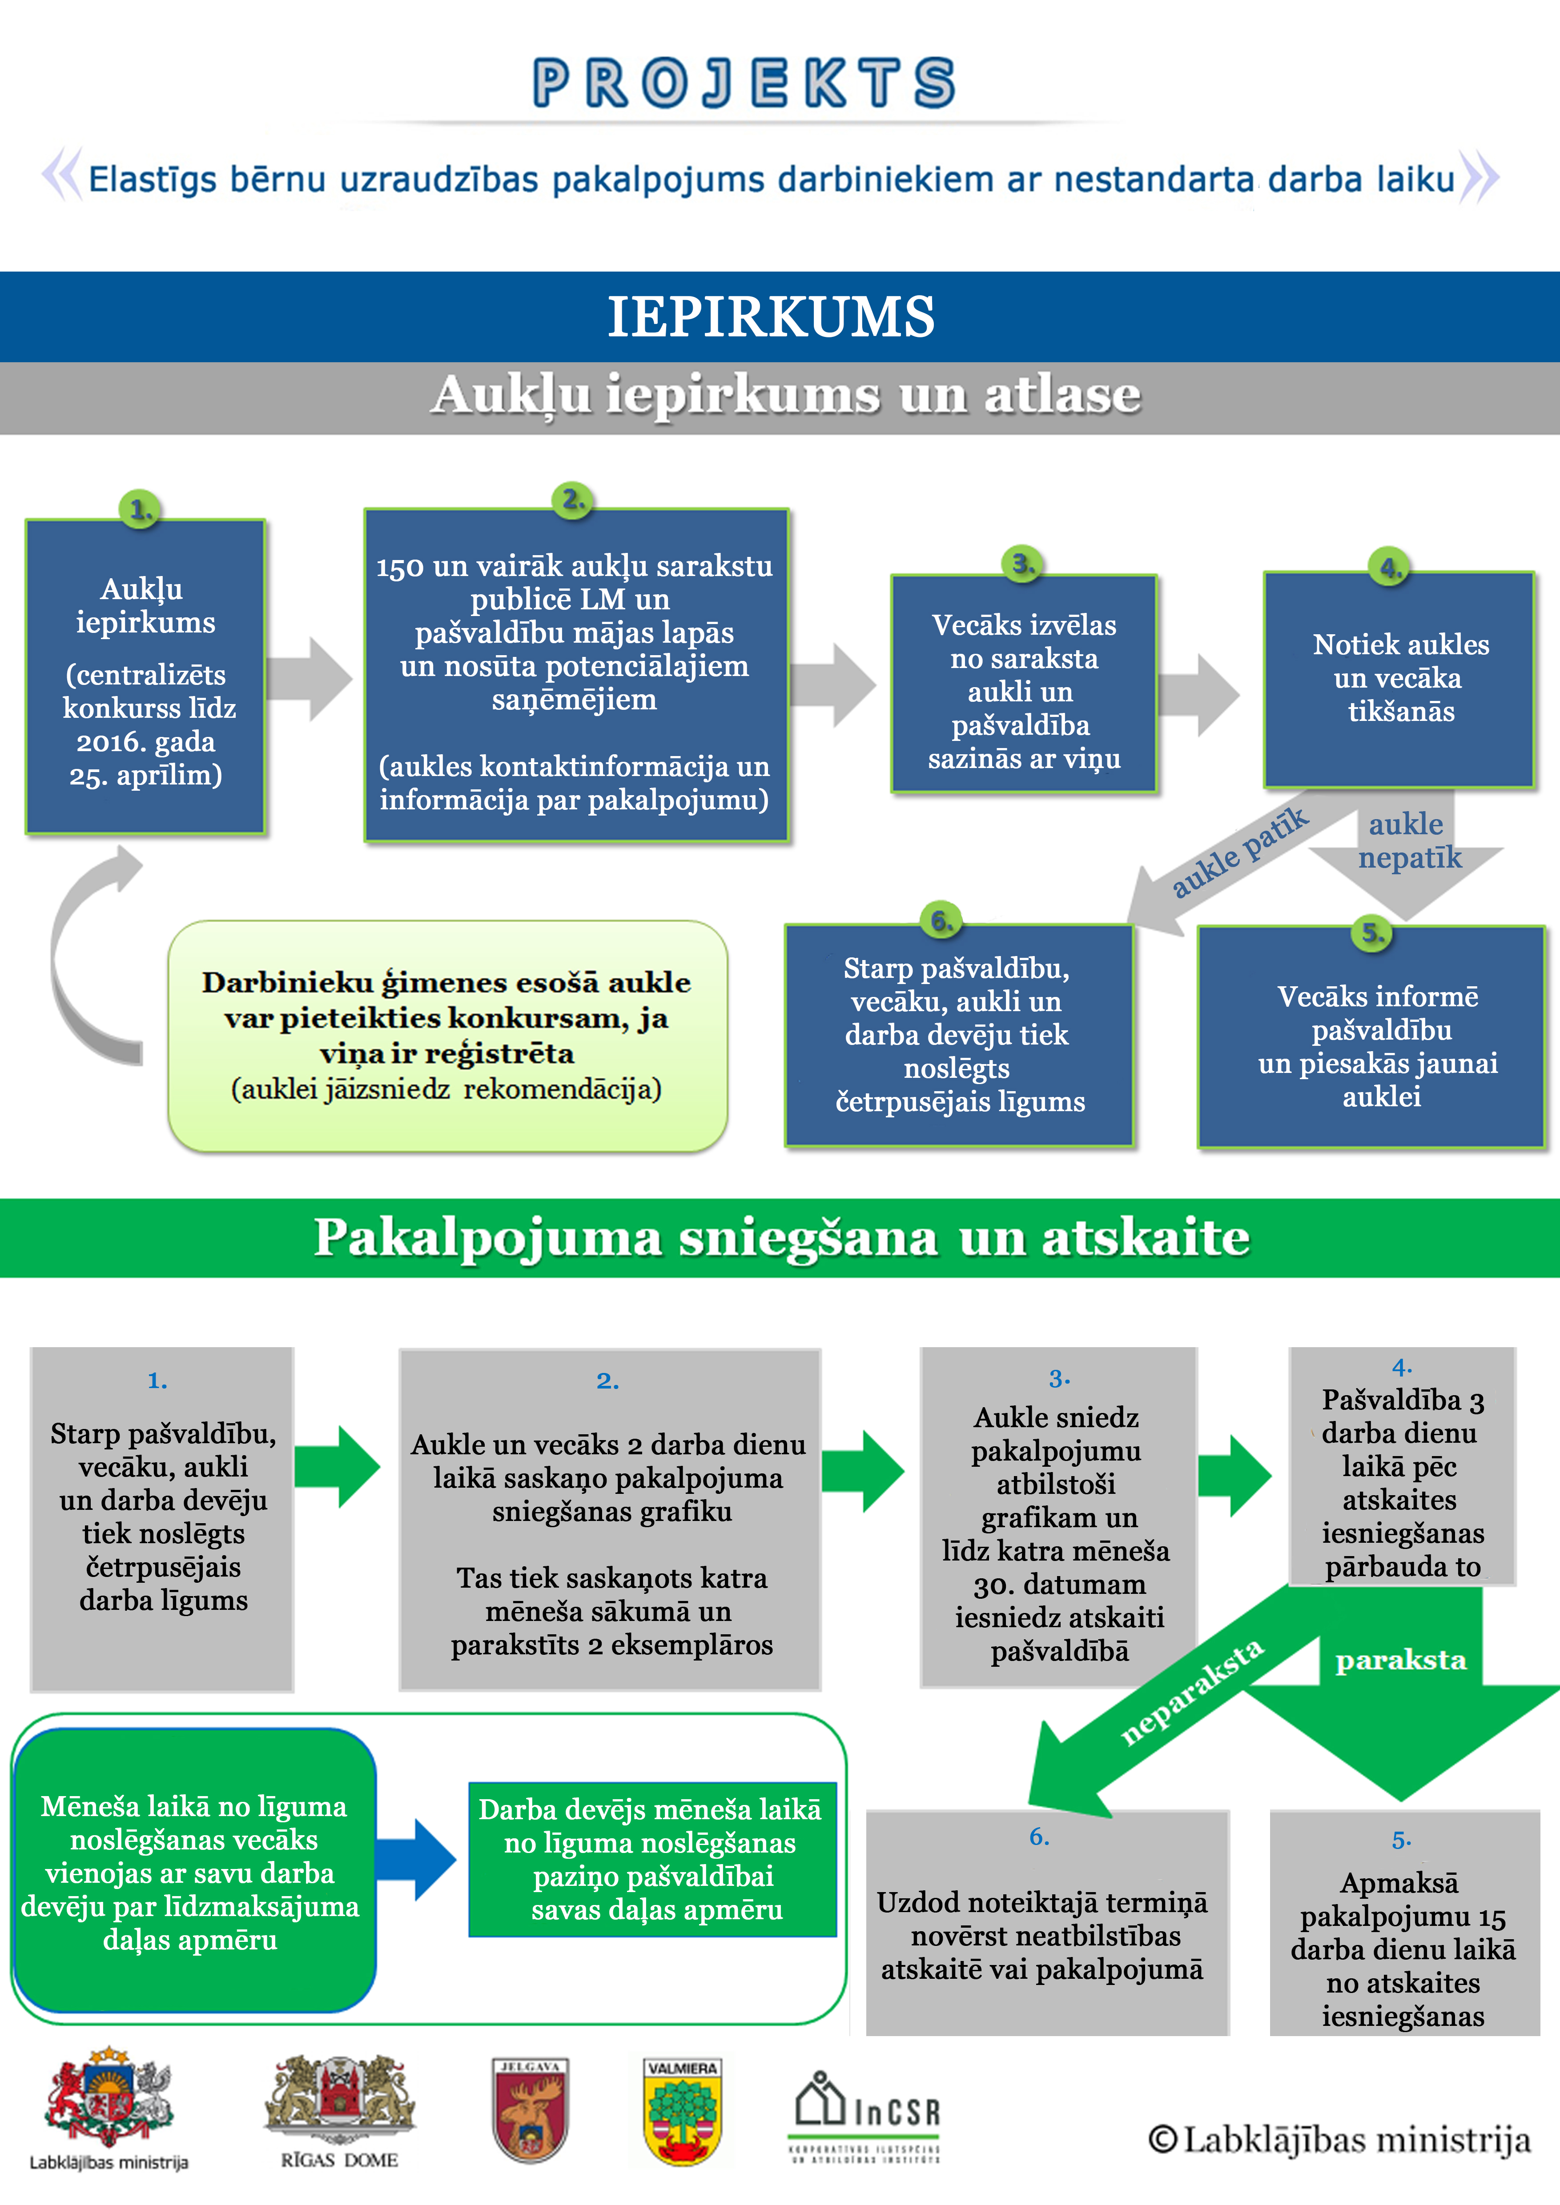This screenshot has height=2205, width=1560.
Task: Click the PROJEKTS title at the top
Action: [x=744, y=83]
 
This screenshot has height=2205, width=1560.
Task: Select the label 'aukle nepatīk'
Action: [x=1408, y=840]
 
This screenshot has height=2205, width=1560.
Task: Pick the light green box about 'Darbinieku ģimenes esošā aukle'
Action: [x=448, y=1035]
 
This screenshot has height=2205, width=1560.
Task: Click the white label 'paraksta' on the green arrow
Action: [x=1400, y=1661]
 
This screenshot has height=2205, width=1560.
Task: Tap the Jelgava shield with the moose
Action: [x=530, y=2109]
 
